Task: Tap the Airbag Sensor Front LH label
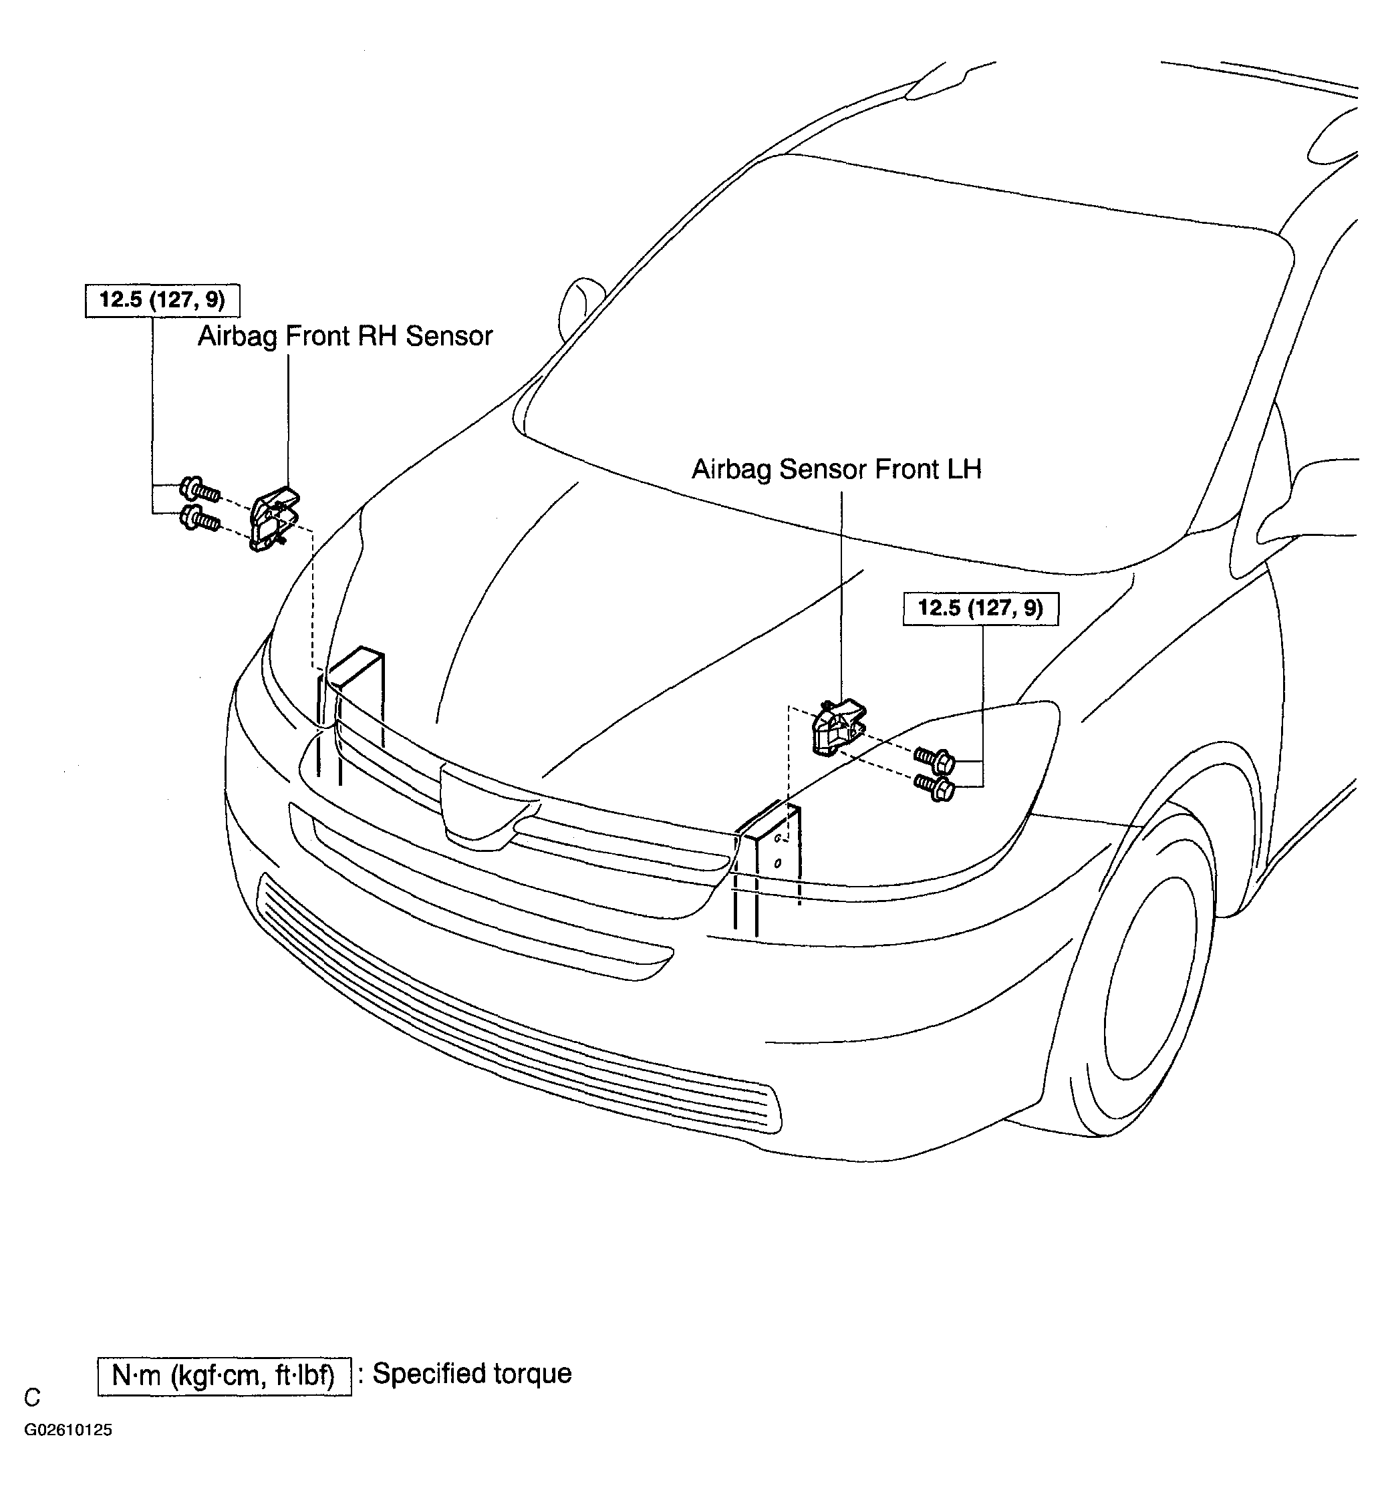tap(836, 470)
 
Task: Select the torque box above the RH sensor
tap(162, 301)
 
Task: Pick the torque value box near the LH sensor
tap(980, 609)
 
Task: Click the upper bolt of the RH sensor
tap(199, 490)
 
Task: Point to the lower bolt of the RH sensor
tap(199, 518)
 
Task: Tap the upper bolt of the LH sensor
tap(935, 760)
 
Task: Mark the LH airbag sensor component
tap(838, 728)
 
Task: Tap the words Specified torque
tap(472, 1374)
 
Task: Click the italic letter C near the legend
tap(32, 1397)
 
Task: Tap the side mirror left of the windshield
tap(579, 303)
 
